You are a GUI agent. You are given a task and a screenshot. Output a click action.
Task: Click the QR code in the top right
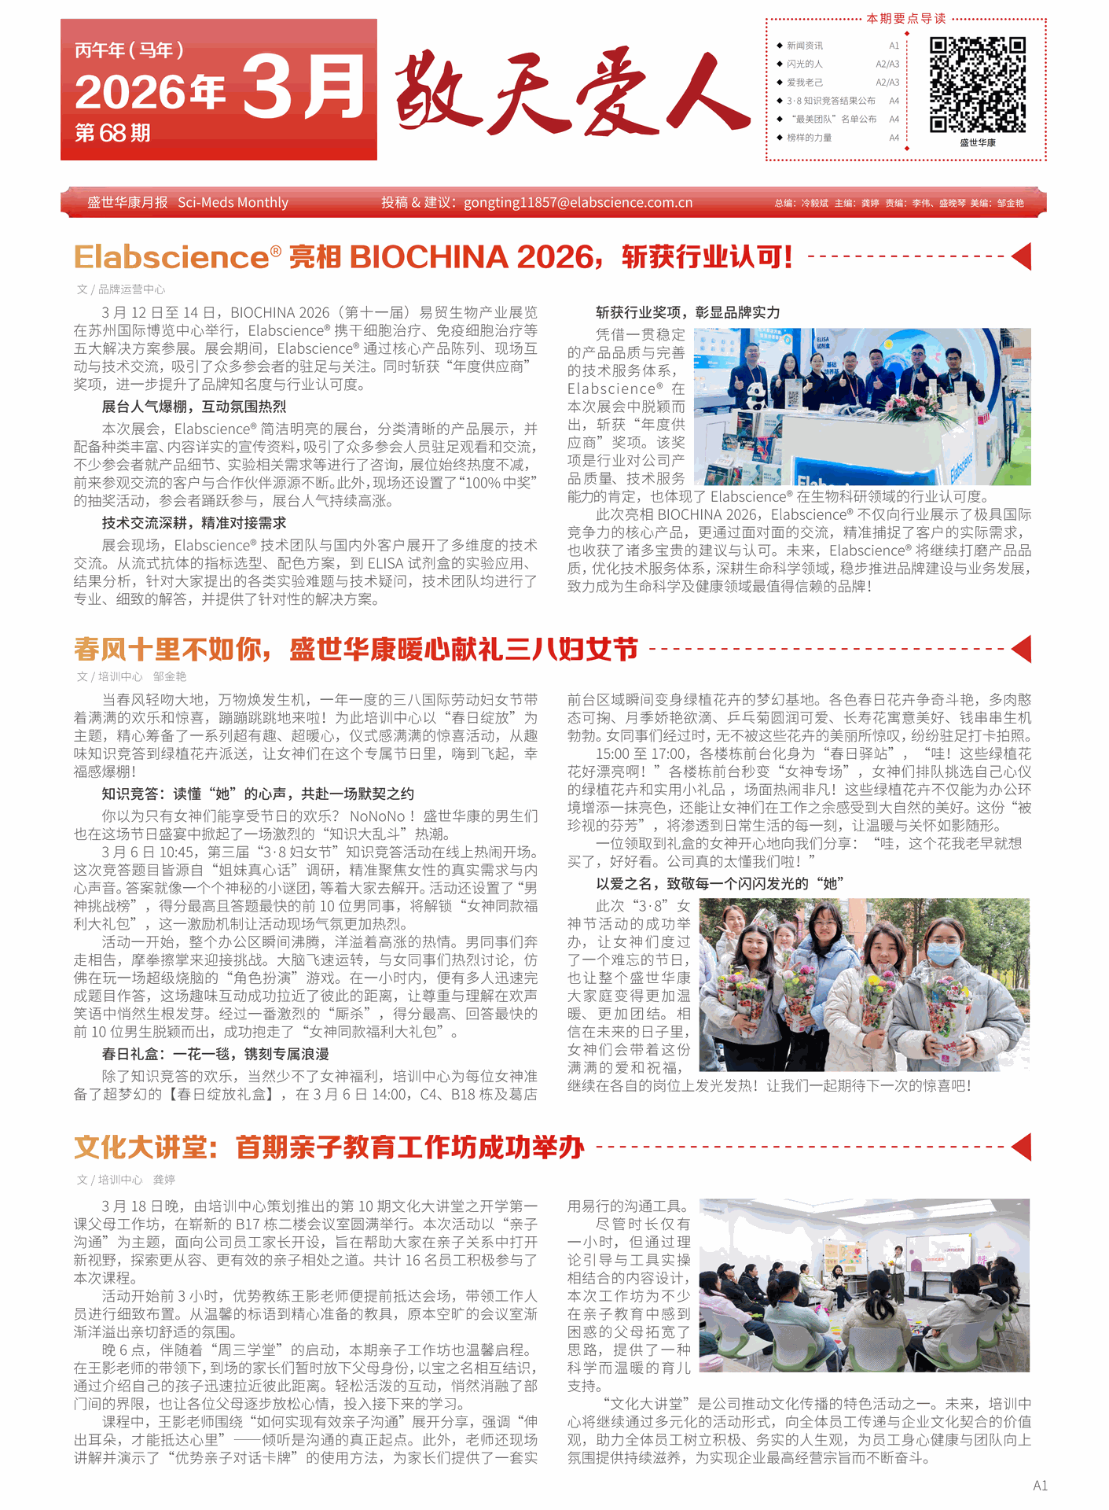point(977,84)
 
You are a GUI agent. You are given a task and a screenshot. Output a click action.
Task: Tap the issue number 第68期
point(112,133)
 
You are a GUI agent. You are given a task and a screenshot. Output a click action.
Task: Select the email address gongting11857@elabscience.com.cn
point(578,203)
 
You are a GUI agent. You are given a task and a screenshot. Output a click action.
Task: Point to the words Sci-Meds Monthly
point(233,203)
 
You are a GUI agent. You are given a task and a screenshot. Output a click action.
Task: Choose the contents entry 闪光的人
point(804,64)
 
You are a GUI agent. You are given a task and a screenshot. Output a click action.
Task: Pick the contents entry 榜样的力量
point(809,138)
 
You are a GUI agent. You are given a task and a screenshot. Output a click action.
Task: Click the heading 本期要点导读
point(905,18)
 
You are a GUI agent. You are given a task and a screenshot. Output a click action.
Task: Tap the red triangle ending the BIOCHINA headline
point(1022,256)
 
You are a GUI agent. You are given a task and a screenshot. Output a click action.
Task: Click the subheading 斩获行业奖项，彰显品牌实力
point(688,312)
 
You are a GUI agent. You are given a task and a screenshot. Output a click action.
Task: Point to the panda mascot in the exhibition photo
point(755,394)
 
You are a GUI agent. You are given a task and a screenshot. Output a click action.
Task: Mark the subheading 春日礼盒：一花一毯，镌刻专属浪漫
point(215,1054)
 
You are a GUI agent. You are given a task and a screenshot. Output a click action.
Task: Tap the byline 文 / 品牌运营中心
point(121,289)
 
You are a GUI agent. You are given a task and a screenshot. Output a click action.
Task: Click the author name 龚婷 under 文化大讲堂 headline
point(163,1180)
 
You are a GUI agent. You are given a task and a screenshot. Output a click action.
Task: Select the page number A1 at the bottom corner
point(1040,1485)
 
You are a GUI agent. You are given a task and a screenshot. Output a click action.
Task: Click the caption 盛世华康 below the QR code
point(977,143)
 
